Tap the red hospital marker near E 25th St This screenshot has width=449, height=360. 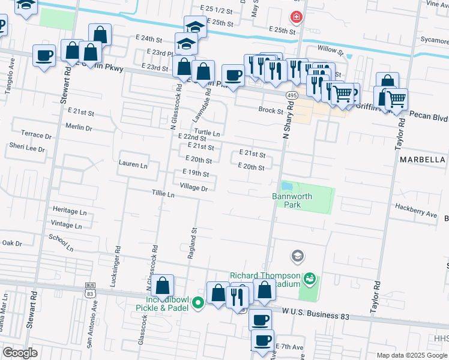click(296, 17)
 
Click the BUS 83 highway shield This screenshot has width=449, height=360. click(90, 290)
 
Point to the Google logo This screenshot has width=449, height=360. click(20, 353)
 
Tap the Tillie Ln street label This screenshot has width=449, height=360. click(163, 194)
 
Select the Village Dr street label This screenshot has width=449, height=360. click(193, 188)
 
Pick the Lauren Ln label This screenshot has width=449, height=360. click(133, 164)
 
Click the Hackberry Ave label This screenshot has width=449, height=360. click(415, 213)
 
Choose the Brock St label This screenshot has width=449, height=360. click(271, 110)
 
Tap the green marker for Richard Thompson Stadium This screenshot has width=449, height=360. click(309, 278)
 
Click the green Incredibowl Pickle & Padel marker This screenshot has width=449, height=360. click(199, 304)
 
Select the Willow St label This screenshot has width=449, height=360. click(331, 51)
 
